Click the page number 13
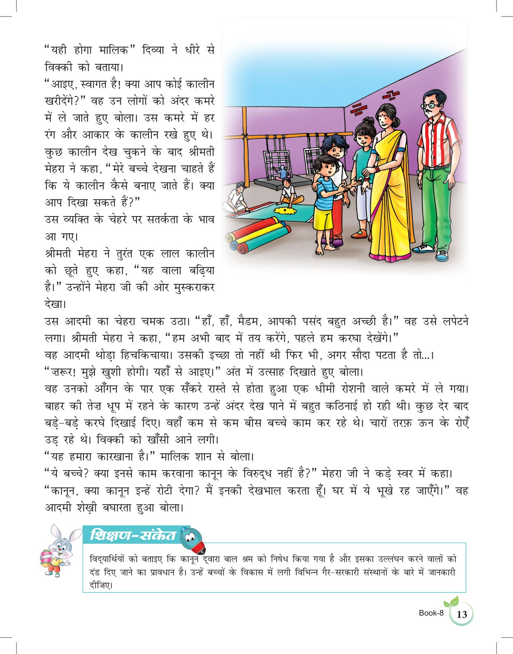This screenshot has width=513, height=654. point(462,614)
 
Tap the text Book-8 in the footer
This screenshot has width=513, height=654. point(431,613)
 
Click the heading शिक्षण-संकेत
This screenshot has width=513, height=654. point(133,535)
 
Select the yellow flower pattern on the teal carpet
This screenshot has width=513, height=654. point(285,211)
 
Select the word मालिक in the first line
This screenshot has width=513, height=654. point(114,50)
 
